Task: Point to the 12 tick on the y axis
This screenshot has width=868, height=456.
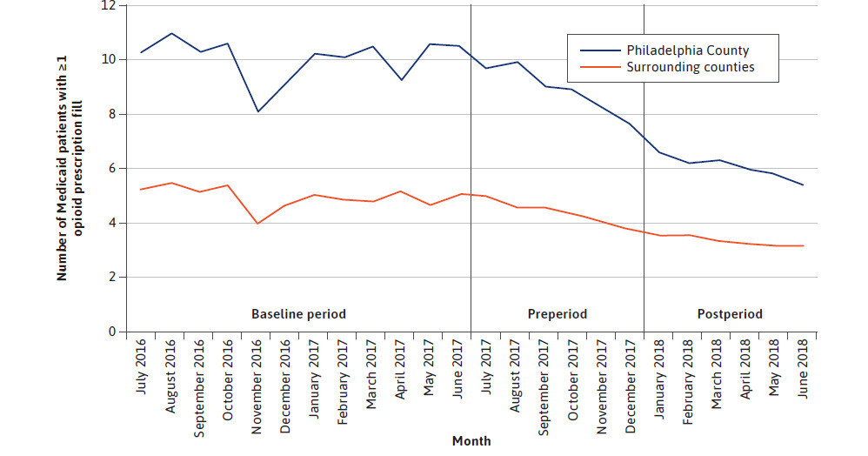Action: pos(110,5)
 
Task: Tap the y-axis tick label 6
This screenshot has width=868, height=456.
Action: pos(112,169)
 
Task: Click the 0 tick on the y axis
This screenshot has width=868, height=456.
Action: pos(112,332)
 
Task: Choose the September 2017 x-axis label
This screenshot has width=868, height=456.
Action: pos(543,383)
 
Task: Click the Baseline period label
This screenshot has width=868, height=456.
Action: pos(298,313)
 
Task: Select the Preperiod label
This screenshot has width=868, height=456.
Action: pos(558,313)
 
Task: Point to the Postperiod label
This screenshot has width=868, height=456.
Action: pos(730,313)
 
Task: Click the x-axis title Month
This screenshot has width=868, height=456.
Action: pos(471,441)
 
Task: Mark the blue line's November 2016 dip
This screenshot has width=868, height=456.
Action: pos(258,111)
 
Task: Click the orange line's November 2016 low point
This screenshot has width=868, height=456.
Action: pos(258,224)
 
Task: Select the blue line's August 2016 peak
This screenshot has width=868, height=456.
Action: pos(171,33)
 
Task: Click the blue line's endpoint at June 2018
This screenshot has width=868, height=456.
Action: pos(801,185)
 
